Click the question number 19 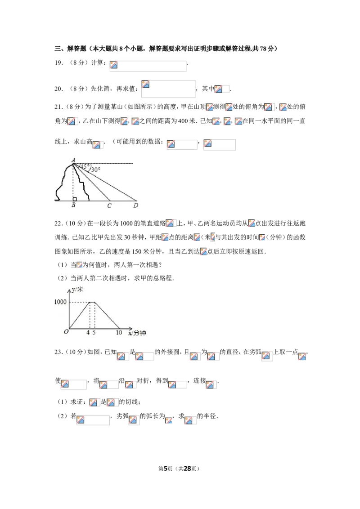coord(58,63)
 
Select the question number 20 coord(58,89)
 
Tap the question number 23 coord(58,352)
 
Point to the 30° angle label coord(96,170)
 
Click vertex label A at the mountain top coord(73,160)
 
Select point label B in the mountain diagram coord(73,205)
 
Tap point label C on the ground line coord(109,205)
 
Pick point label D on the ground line coord(136,205)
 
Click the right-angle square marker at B coord(75,199)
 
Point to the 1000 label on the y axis coord(60,302)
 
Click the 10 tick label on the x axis coord(119,332)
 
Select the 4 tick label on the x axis coord(88,332)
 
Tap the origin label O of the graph coord(66,332)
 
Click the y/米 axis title coord(78,289)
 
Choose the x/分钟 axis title coord(137,333)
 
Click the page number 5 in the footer coord(166,469)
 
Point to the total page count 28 coord(187,469)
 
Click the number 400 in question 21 coord(183,121)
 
